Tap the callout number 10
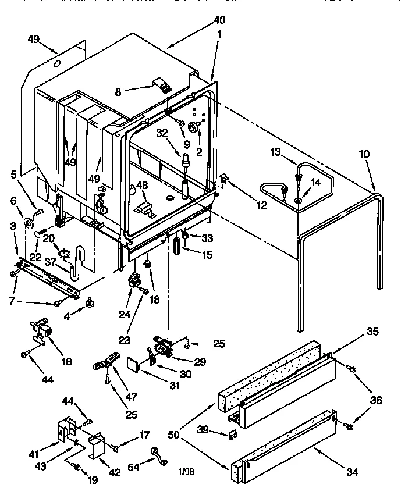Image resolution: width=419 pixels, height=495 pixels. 364,154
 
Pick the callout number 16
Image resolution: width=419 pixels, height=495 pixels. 67,362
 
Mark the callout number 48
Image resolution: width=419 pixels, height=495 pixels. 143,186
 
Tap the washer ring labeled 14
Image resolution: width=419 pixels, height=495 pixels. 298,201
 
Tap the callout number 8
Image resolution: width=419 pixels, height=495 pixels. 119,91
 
